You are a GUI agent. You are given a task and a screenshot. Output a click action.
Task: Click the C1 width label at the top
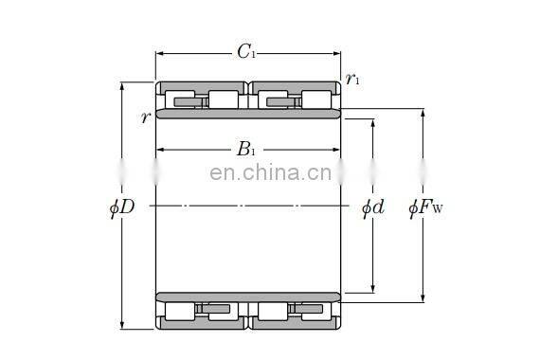point(246,53)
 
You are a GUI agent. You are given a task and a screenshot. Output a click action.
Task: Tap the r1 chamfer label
point(352,80)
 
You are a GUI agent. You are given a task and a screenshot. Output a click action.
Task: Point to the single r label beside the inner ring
point(145,117)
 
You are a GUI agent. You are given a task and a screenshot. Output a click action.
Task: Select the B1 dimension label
point(246,149)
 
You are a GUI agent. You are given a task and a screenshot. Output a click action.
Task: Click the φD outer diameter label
point(122,207)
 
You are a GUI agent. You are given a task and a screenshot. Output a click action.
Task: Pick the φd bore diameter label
point(372,207)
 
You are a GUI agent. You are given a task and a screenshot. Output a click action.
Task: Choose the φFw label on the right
point(425,207)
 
